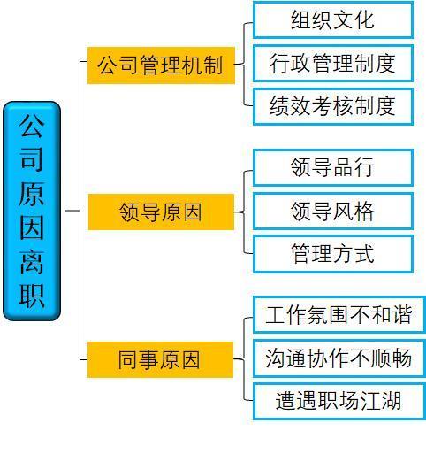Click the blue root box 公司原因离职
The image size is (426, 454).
pyautogui.click(x=32, y=211)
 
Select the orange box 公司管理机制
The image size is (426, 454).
pyautogui.click(x=161, y=65)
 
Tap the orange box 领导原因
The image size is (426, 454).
pyautogui.click(x=161, y=212)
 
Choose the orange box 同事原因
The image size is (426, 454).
pyautogui.click(x=160, y=359)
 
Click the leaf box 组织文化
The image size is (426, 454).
pyautogui.click(x=333, y=19)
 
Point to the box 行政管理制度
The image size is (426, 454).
pyautogui.click(x=333, y=63)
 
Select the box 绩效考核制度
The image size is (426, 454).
pyautogui.click(x=333, y=106)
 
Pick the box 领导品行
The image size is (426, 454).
pyautogui.click(x=333, y=167)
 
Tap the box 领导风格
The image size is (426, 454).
pyautogui.click(x=333, y=211)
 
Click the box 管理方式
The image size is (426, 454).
pyautogui.click(x=333, y=254)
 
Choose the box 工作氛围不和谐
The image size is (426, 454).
pyautogui.click(x=339, y=315)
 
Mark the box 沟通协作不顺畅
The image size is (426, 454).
pyautogui.click(x=339, y=358)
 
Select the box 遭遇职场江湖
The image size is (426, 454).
pyautogui.click(x=339, y=401)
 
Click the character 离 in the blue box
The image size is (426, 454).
pyautogui.click(x=32, y=262)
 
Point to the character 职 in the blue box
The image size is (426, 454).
pyautogui.click(x=32, y=296)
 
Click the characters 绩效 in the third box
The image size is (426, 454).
pyautogui.click(x=290, y=106)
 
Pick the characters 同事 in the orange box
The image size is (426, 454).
pyautogui.click(x=139, y=359)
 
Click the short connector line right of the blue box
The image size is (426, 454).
pyautogui.click(x=72, y=211)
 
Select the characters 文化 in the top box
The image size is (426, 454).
pyautogui.click(x=354, y=19)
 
